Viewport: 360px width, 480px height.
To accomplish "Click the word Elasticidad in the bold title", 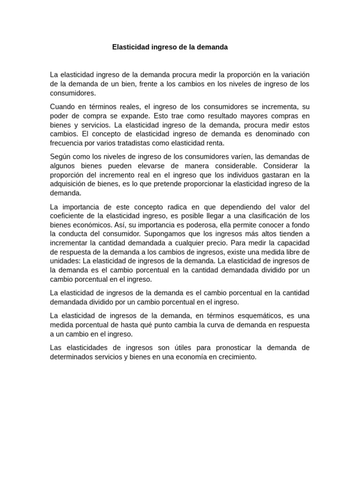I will coord(130,47).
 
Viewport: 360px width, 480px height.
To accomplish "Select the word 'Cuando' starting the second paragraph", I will coord(62,106).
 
